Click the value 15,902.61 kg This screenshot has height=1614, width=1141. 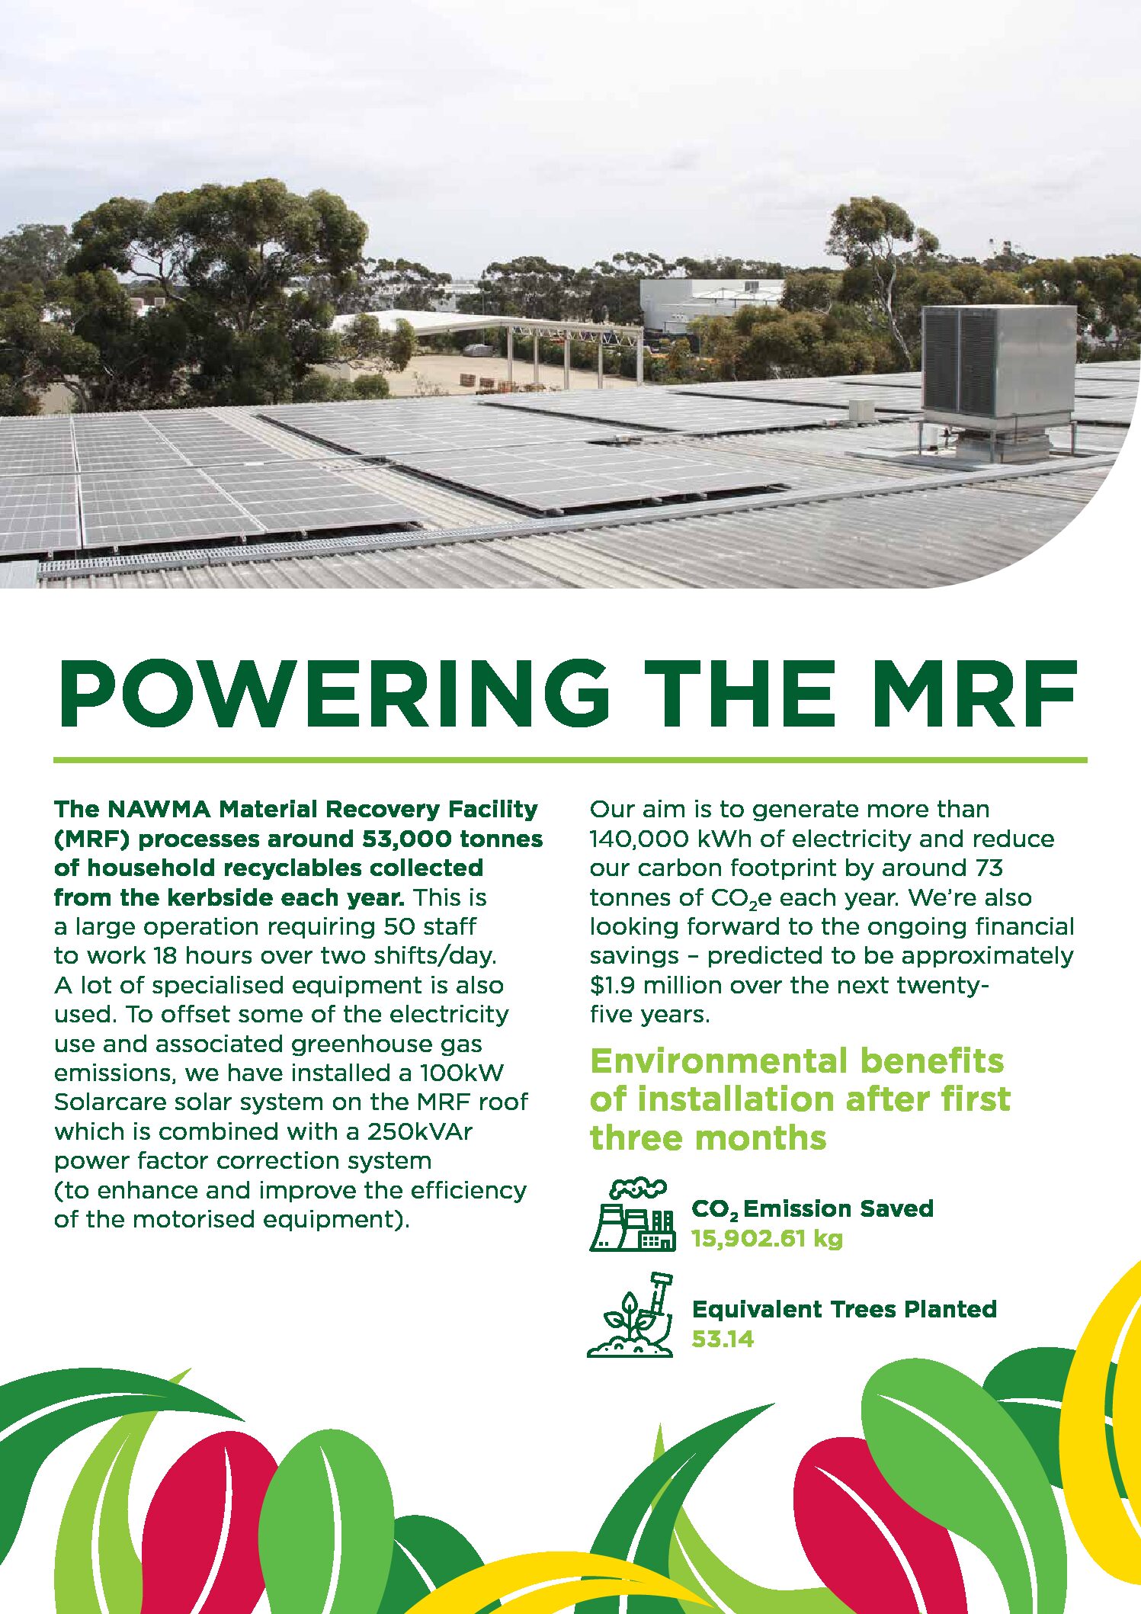point(767,1239)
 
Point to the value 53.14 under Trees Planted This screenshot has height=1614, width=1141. point(723,1339)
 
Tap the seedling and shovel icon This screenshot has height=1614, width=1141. point(630,1315)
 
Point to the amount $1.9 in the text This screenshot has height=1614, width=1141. point(613,985)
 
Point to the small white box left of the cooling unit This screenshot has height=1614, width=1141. point(861,410)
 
